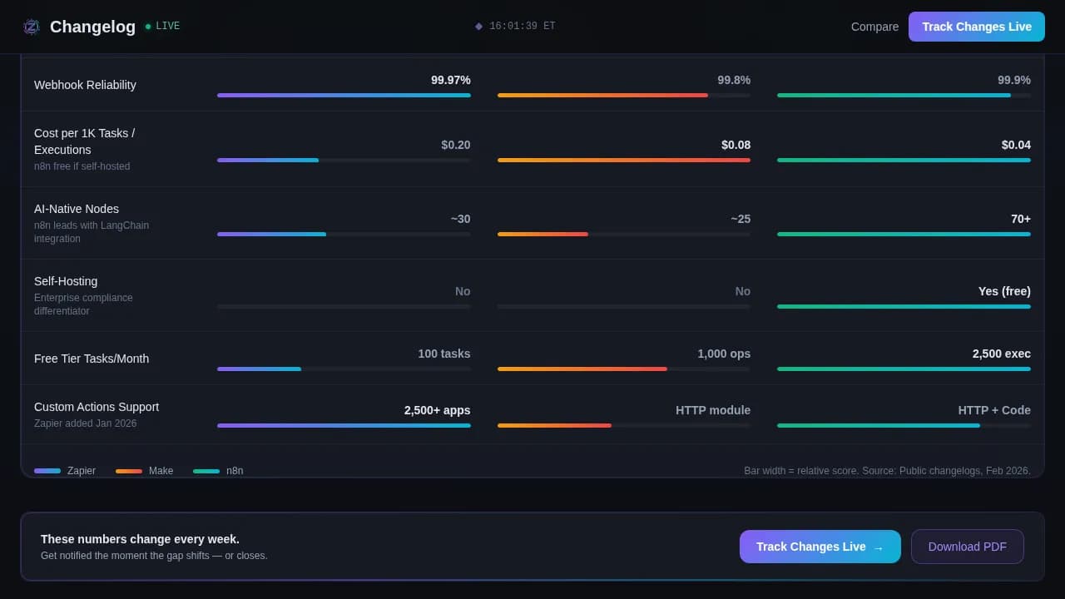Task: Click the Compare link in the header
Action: (874, 27)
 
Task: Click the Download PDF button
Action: (967, 547)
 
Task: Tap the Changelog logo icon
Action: (32, 27)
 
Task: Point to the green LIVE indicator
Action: (162, 27)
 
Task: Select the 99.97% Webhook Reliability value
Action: (450, 80)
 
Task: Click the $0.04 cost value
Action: (1015, 145)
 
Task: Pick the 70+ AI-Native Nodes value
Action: (1020, 219)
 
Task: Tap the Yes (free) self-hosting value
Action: (1003, 291)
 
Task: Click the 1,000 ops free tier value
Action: (723, 354)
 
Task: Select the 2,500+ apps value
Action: (437, 410)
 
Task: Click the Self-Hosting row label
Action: (66, 281)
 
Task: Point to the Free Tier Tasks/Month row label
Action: (92, 359)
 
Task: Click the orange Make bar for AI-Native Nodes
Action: (542, 235)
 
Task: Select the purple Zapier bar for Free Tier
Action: (259, 369)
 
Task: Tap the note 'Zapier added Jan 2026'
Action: (85, 423)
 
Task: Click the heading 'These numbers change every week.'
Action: (140, 539)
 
